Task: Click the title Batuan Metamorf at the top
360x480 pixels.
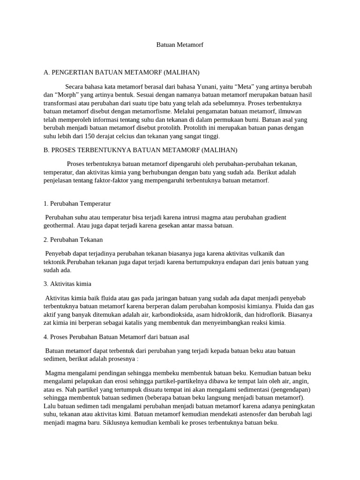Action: (x=180, y=45)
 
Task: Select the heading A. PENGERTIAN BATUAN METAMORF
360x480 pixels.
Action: (x=121, y=72)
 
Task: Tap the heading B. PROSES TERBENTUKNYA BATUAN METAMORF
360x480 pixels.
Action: (x=140, y=150)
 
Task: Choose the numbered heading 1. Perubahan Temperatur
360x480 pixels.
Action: (x=77, y=204)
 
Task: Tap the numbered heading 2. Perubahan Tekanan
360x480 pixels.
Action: (x=73, y=240)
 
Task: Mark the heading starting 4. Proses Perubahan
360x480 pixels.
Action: (x=116, y=337)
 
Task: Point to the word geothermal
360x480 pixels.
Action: (x=60, y=225)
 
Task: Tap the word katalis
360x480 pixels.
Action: (x=133, y=322)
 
